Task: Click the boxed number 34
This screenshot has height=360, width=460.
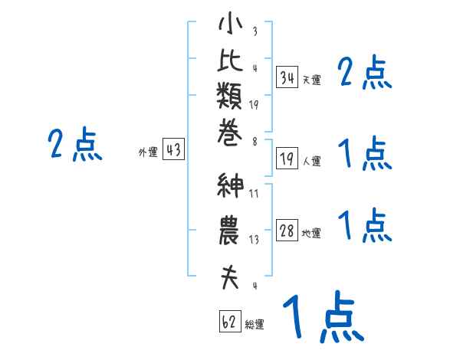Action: (x=287, y=77)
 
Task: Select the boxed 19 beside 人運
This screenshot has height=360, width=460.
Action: (x=287, y=159)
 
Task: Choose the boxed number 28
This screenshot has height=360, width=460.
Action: (x=287, y=231)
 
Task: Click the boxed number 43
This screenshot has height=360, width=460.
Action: (x=174, y=150)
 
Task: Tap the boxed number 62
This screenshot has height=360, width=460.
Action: (x=229, y=322)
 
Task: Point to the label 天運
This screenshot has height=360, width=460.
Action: (x=311, y=80)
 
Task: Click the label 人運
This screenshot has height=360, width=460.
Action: (x=311, y=161)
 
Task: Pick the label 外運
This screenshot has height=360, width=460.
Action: (x=148, y=152)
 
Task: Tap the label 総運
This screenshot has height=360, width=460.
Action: (x=255, y=324)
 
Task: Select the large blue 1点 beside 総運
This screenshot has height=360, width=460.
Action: (x=322, y=316)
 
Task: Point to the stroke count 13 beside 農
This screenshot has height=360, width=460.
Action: (x=254, y=240)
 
